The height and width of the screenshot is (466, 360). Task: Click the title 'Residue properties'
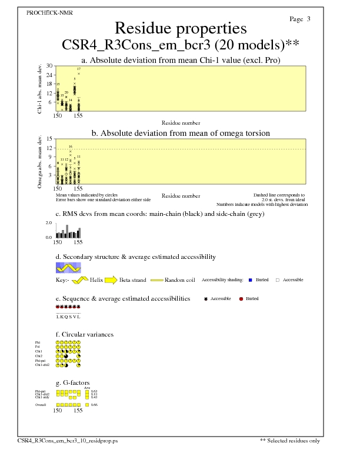point(180,28)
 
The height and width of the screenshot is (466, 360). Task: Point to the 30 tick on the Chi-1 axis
point(50,66)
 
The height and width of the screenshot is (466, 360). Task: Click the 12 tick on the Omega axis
point(50,148)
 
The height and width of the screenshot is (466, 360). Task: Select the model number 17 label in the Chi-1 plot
point(79,69)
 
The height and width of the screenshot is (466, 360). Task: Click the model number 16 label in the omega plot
point(70,147)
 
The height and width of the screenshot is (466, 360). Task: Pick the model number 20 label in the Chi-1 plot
point(66,92)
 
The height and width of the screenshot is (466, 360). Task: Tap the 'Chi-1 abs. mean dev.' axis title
point(39,88)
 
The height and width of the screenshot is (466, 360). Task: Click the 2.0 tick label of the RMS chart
point(49,224)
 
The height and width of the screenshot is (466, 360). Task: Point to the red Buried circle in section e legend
point(241,299)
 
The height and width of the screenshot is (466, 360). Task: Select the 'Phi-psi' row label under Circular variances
point(39,361)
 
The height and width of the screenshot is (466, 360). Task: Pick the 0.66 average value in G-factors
point(94,405)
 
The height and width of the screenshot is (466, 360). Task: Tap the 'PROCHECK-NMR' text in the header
point(50,13)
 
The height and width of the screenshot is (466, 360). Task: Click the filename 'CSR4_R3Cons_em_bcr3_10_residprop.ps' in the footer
point(68,440)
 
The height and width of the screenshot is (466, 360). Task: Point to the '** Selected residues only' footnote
point(290,440)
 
